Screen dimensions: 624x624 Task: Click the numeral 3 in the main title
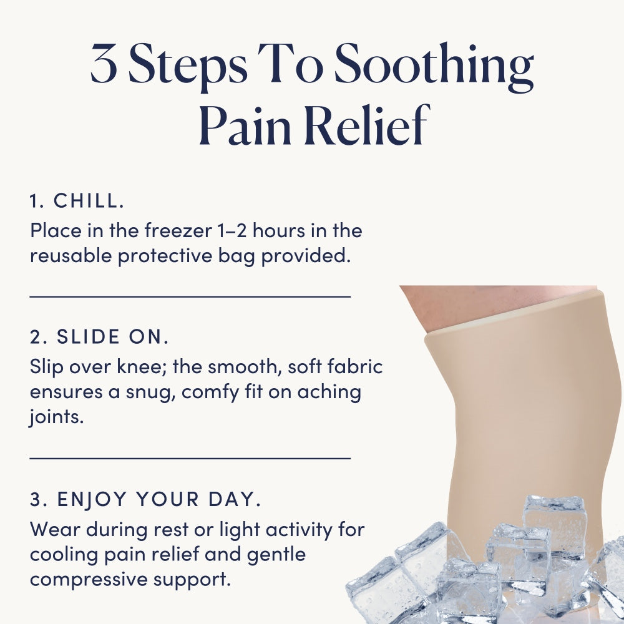104,63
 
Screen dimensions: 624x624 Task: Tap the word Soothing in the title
434,67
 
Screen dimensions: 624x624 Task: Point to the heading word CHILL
89,200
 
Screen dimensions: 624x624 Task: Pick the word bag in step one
236,256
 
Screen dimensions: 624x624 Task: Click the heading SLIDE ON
112,337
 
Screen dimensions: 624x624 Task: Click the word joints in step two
56,417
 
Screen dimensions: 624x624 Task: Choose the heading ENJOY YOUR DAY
158,499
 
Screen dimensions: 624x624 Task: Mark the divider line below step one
190,296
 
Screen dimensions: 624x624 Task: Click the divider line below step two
190,459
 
